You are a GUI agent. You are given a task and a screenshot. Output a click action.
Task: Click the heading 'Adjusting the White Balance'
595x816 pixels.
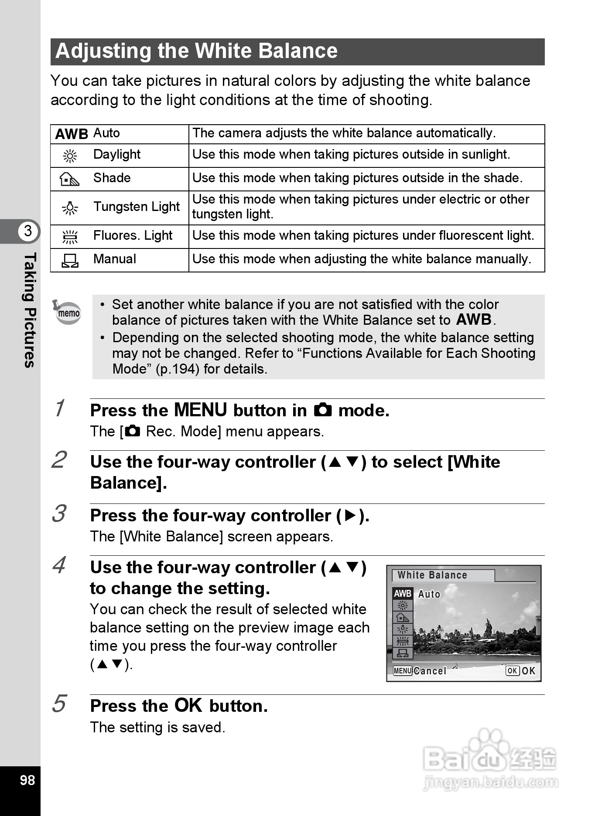pyautogui.click(x=196, y=51)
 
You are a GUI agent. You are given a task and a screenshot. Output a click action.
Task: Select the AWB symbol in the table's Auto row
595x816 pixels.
pyautogui.click(x=72, y=134)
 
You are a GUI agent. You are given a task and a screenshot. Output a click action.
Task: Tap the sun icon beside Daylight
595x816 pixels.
pyautogui.click(x=70, y=156)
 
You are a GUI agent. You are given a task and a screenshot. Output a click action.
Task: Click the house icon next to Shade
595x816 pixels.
pyautogui.click(x=70, y=179)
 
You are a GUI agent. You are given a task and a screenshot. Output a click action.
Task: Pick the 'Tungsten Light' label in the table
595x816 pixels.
pyautogui.click(x=137, y=207)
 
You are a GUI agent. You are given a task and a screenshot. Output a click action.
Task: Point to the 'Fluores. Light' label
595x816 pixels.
pyautogui.click(x=133, y=236)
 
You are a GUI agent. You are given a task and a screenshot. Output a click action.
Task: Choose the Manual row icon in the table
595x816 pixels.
pyautogui.click(x=70, y=260)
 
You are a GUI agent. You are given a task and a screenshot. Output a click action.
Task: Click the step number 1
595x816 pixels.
pyautogui.click(x=60, y=408)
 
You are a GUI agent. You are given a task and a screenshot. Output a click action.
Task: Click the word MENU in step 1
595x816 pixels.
pyautogui.click(x=200, y=410)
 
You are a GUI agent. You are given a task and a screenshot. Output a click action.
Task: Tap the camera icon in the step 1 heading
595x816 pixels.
pyautogui.click(x=323, y=410)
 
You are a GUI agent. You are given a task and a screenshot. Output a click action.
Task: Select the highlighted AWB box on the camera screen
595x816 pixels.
pyautogui.click(x=403, y=594)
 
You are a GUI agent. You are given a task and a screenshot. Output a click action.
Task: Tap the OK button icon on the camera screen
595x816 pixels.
pyautogui.click(x=513, y=671)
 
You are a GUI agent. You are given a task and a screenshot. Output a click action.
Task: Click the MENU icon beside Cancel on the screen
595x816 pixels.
pyautogui.click(x=402, y=671)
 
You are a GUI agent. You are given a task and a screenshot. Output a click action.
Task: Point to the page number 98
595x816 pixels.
pyautogui.click(x=27, y=780)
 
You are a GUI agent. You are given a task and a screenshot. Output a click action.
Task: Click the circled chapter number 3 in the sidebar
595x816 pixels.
pyautogui.click(x=28, y=231)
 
